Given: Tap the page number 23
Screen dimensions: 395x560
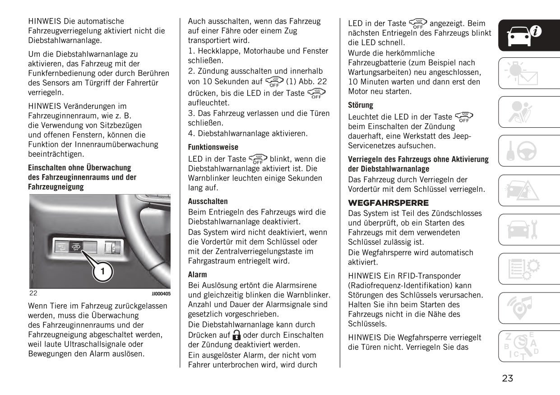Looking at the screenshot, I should click(x=507, y=378).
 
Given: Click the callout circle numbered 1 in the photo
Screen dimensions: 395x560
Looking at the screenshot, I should click(x=103, y=271).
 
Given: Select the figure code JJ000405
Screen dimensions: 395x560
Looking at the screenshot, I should click(x=161, y=293).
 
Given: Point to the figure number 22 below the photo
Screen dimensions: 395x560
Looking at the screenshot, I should click(x=33, y=293).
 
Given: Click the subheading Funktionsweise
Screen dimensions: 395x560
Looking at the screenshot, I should click(x=213, y=147).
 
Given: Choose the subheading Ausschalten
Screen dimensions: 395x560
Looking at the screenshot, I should click(x=208, y=201).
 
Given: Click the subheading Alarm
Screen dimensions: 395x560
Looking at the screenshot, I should click(x=197, y=274).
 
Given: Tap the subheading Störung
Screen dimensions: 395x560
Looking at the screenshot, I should click(x=361, y=105).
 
